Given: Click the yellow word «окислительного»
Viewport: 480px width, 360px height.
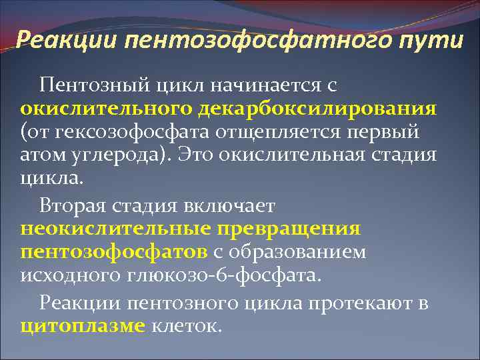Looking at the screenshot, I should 100,109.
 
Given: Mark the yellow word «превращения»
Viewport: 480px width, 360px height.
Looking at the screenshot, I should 288,229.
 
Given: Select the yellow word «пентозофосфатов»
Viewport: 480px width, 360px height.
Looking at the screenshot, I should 114,253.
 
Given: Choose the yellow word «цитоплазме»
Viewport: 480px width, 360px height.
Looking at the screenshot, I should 83,327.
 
